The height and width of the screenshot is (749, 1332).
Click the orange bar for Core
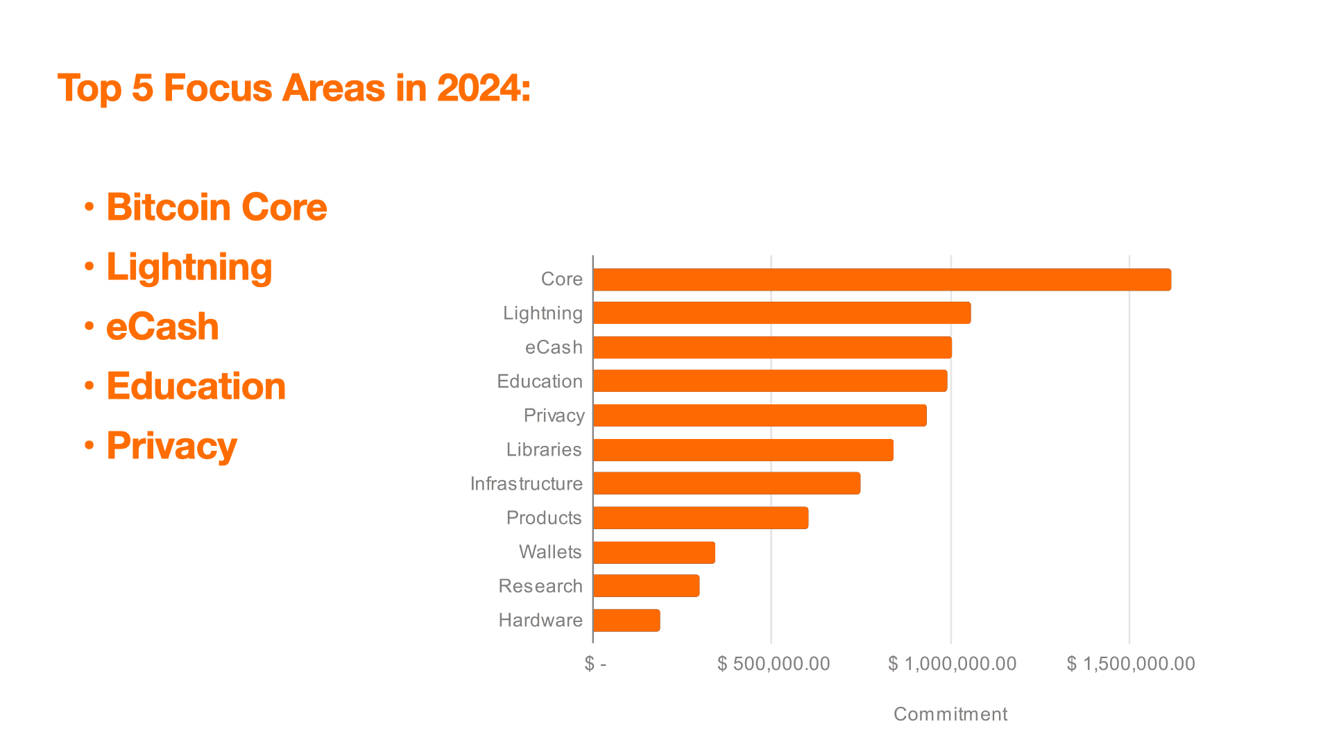pos(882,279)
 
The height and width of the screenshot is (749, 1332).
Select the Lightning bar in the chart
pos(781,313)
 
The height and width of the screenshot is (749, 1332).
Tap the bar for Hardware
pos(626,620)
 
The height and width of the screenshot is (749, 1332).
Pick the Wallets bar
pos(654,552)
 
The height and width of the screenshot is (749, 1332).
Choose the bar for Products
pos(701,518)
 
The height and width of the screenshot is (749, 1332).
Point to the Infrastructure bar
pos(726,483)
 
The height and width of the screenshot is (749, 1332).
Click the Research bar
pos(646,586)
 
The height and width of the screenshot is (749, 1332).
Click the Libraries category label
pos(543,449)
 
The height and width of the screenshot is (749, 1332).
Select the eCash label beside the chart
pos(554,347)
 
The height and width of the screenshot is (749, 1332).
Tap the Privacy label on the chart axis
pos(554,415)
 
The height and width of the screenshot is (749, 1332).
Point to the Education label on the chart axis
pos(540,381)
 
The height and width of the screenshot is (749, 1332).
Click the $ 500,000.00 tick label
pos(774,664)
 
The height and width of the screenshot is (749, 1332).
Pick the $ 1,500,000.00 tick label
pos(1131,664)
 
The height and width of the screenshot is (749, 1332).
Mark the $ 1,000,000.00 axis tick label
pos(953,664)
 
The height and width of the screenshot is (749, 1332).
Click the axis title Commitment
pos(950,714)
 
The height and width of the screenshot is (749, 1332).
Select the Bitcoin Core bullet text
pos(216,207)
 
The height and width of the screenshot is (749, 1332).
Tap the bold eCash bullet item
pos(162,327)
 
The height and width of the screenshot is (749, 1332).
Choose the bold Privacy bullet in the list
pos(171,446)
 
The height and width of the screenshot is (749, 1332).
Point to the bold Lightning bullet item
pos(189,268)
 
